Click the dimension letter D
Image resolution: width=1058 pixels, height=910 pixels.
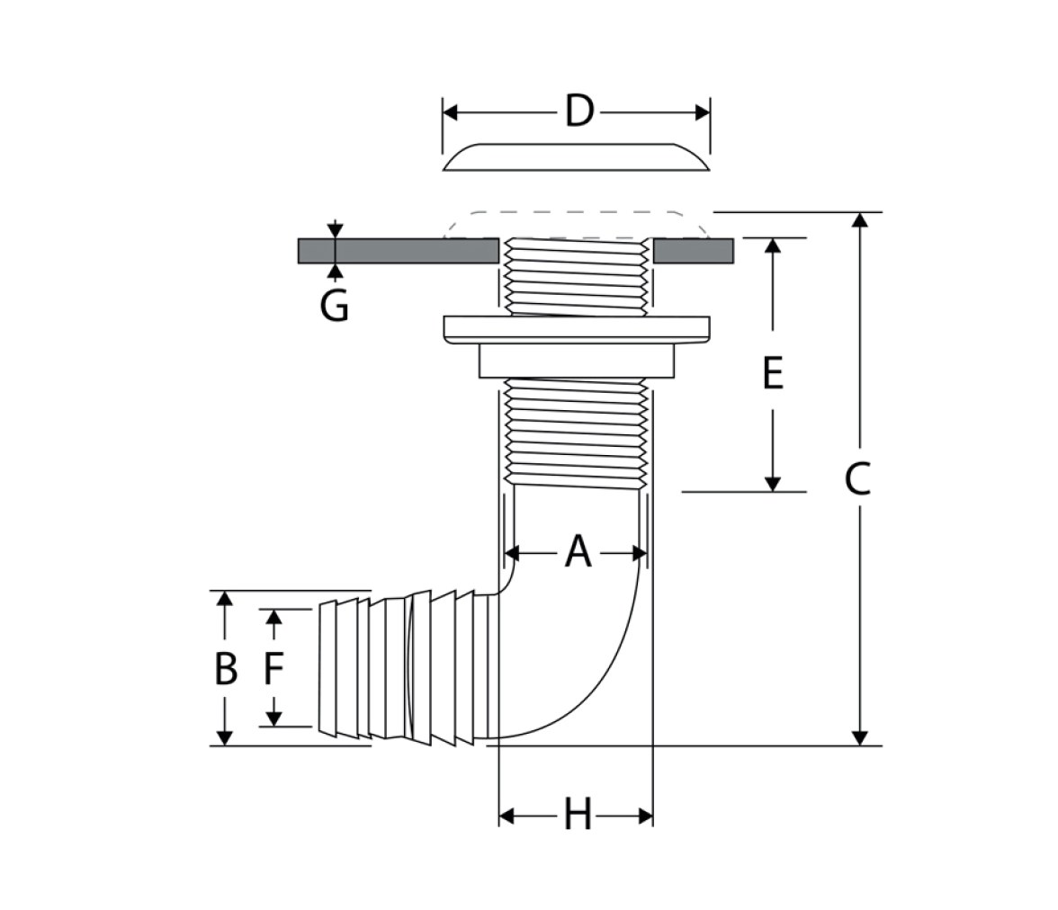pos(579,112)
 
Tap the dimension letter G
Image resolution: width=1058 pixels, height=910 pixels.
pos(334,306)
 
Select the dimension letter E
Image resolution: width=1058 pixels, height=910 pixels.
pos(773,373)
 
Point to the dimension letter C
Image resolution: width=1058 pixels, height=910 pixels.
pos(857,479)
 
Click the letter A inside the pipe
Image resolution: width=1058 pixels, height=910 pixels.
pos(578,552)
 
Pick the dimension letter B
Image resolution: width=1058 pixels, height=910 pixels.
pos(225,668)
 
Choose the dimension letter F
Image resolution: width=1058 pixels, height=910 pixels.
pos(273,668)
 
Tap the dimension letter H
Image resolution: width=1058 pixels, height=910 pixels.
pos(578,814)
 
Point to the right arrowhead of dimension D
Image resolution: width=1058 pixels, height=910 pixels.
pos(703,112)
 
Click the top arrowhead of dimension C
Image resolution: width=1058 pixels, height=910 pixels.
pos(860,220)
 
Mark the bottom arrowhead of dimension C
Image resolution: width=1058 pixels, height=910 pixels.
pos(860,737)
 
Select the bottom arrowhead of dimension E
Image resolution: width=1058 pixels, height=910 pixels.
pos(773,484)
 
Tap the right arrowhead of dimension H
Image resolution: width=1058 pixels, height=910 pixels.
pos(645,816)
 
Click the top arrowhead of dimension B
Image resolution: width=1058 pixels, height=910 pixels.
pos(225,599)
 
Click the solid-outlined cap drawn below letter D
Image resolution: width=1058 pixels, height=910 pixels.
pos(576,157)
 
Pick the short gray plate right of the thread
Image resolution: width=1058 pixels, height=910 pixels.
pos(694,250)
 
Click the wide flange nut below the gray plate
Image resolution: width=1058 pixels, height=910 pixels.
pos(577,327)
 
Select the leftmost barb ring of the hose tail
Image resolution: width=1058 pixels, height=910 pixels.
pos(327,667)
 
